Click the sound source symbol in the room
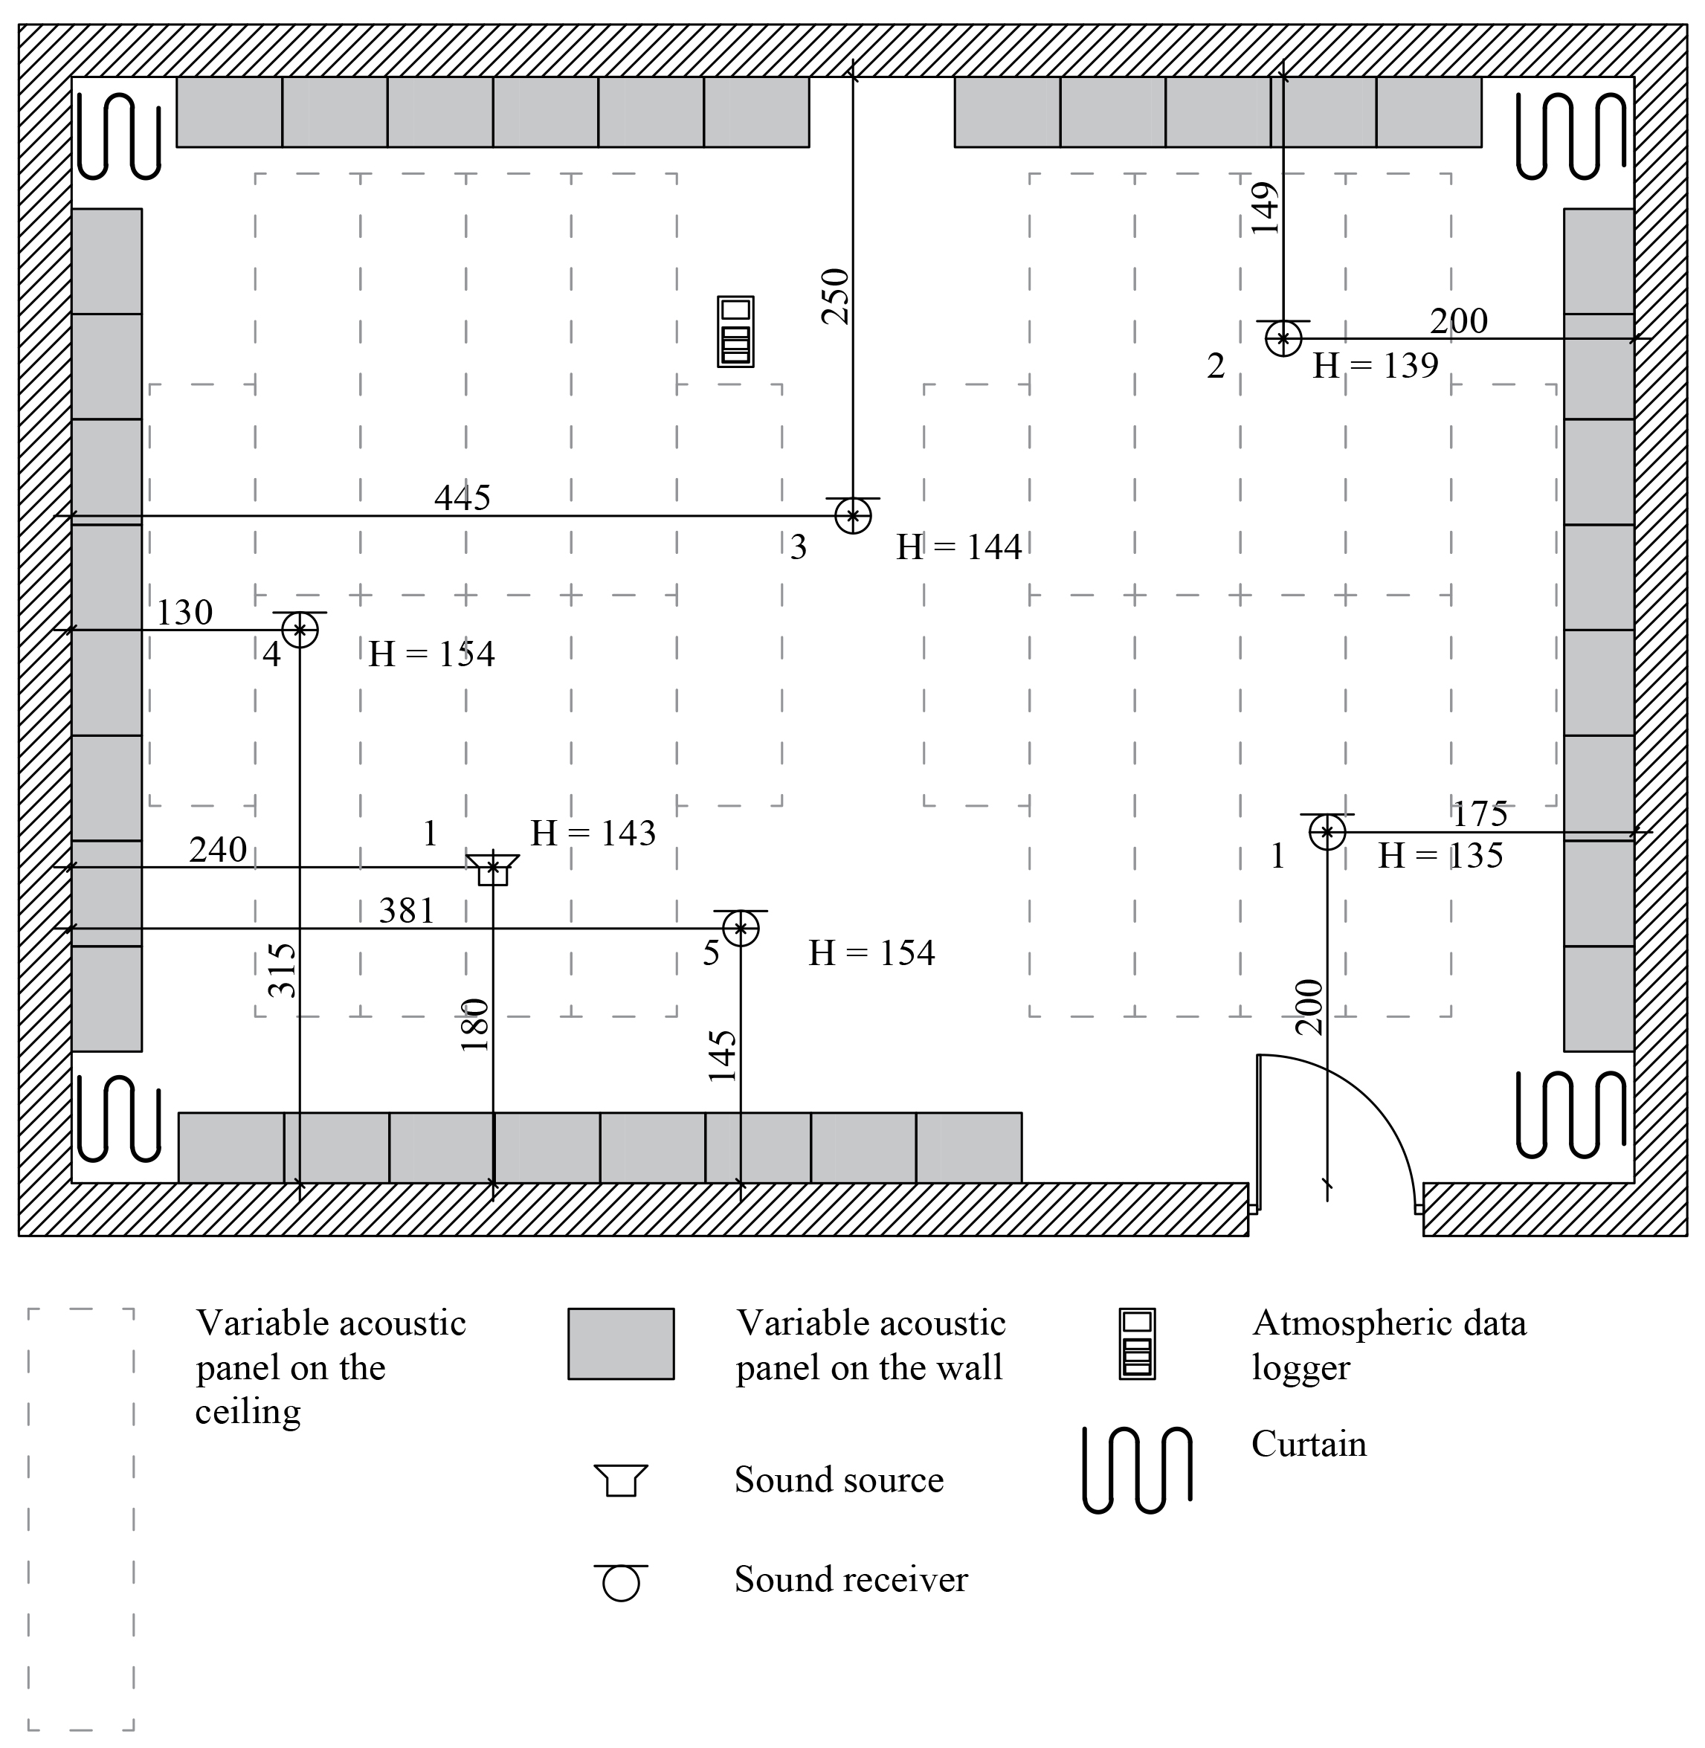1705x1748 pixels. pos(492,869)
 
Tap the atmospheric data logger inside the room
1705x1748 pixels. pos(735,332)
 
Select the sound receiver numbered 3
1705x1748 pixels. pos(852,516)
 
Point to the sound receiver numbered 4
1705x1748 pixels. pos(300,630)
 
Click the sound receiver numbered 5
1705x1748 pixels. pos(741,929)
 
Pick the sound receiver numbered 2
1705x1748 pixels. pos(1283,338)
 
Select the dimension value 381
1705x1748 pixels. pos(407,912)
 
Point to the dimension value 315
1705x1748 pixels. pos(282,970)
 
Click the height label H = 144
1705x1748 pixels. pos(959,547)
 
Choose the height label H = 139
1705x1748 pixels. pos(1376,365)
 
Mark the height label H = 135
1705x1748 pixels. pos(1440,856)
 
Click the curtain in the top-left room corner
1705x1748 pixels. pos(119,135)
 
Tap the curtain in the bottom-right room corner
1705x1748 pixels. pos(1570,1114)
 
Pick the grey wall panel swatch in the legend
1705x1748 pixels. pos(621,1344)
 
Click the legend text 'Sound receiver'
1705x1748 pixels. pos(851,1580)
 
